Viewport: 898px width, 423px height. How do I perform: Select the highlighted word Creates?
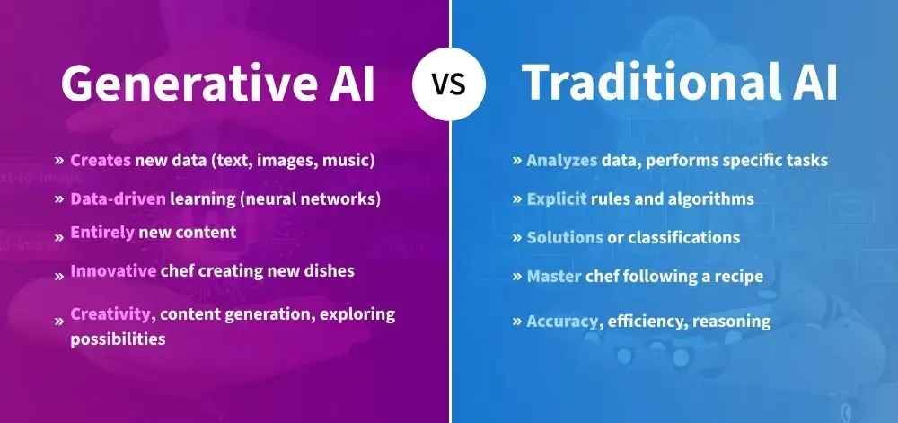100,161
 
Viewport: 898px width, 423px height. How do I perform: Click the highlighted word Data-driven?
117,198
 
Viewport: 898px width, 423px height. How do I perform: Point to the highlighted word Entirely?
101,233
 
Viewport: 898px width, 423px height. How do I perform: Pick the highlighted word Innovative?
110,271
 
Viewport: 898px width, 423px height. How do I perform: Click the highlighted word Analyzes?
561,161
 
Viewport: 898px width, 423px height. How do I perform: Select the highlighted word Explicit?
557,198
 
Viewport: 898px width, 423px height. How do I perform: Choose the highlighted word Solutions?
564,237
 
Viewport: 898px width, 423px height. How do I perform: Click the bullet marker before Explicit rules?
517,198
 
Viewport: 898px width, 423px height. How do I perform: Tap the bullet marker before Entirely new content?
59,234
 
